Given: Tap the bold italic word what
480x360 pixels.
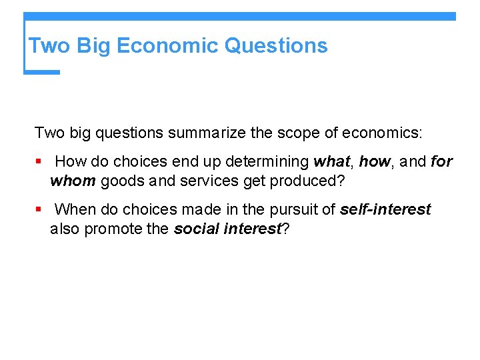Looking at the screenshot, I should pos(333,162).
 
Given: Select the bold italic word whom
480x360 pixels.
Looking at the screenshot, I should pos(73,181).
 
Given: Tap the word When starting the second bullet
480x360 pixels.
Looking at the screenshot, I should pos(75,210).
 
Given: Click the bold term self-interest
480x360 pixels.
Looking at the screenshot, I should pos(385,210).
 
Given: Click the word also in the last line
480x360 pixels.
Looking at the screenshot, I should pos(64,229).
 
